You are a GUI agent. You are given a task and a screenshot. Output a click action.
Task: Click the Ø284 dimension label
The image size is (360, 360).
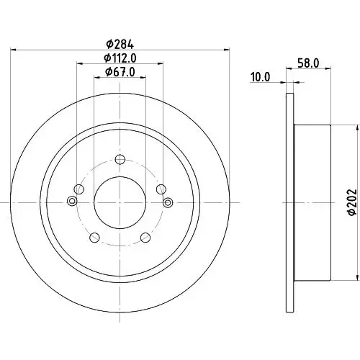[x=120, y=45]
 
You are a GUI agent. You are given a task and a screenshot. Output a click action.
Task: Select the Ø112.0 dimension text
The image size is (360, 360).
[x=120, y=58]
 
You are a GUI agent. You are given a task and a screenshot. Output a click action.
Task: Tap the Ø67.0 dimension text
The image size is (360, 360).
[x=120, y=72]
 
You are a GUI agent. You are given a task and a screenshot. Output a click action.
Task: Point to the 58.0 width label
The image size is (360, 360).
[x=308, y=63]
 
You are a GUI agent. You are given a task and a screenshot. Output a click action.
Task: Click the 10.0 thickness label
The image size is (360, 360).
[x=260, y=77]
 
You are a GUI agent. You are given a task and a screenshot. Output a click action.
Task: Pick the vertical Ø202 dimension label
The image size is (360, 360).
[x=354, y=202]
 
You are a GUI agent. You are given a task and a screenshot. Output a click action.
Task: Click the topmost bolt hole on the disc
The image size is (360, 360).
[x=120, y=159]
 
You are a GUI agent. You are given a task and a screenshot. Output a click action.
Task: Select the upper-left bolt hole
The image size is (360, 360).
[x=79, y=189]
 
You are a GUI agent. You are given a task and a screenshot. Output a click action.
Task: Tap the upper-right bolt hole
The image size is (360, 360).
[x=161, y=189]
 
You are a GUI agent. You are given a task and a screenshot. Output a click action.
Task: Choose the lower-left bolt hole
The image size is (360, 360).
[x=94, y=238]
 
